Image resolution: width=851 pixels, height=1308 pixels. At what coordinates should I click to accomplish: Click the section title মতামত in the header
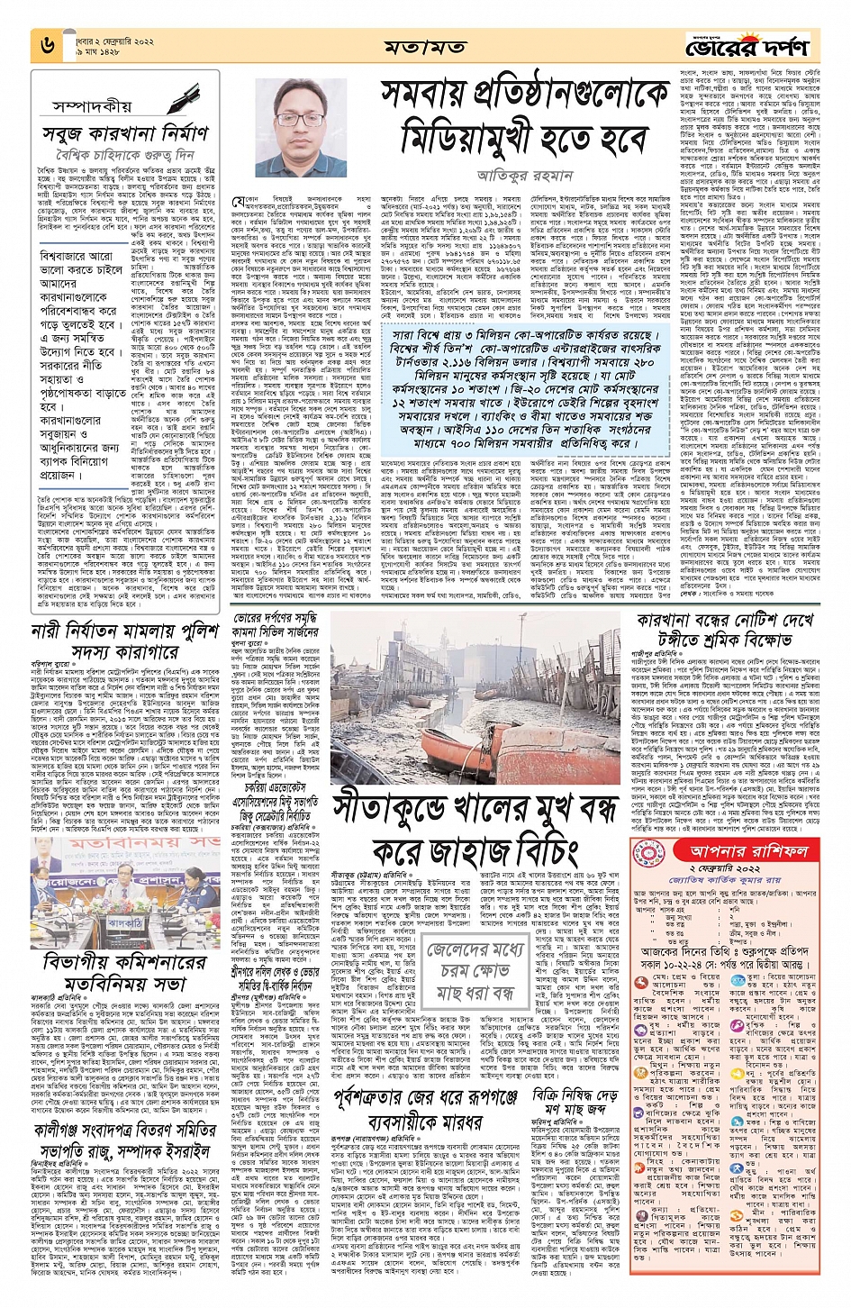(424, 46)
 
